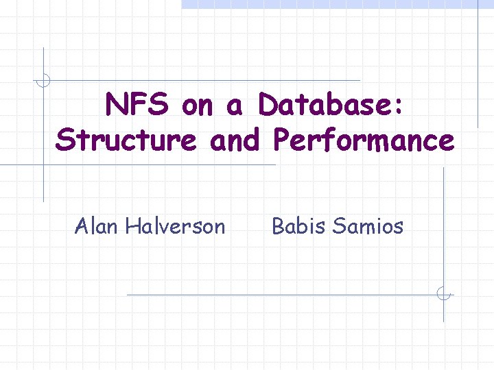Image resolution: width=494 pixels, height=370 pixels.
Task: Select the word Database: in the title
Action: tap(331, 106)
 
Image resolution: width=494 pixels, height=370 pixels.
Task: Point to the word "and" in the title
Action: tap(235, 140)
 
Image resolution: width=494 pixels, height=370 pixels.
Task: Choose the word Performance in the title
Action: tap(363, 140)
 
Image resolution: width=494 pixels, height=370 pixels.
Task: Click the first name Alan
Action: tap(97, 225)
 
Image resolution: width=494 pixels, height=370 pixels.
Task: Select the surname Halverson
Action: tap(175, 225)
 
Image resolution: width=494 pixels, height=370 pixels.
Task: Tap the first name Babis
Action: tap(298, 225)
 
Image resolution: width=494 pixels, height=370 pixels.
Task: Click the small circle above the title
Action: tap(43, 80)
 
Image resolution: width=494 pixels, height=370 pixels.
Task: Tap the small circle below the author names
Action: tap(444, 295)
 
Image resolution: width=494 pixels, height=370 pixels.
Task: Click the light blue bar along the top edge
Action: tap(329, 4)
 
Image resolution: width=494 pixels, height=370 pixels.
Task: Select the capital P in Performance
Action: tap(281, 140)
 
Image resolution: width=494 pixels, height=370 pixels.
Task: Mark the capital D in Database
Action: tap(268, 106)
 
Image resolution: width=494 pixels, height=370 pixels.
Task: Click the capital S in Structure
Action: tap(66, 140)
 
